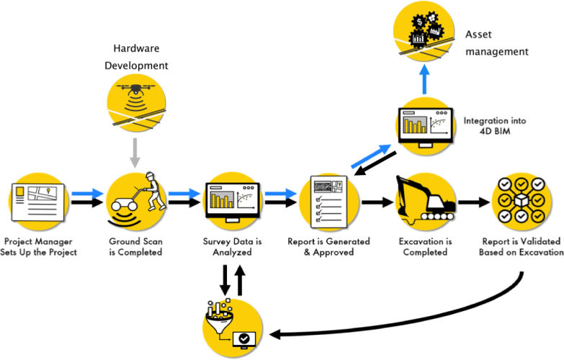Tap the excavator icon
pyautogui.click(x=425, y=198)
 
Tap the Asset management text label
pyautogui.click(x=496, y=42)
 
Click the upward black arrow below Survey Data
pyautogui.click(x=240, y=281)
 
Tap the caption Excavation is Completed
pyautogui.click(x=426, y=246)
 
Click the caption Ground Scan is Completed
pyautogui.click(x=137, y=246)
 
